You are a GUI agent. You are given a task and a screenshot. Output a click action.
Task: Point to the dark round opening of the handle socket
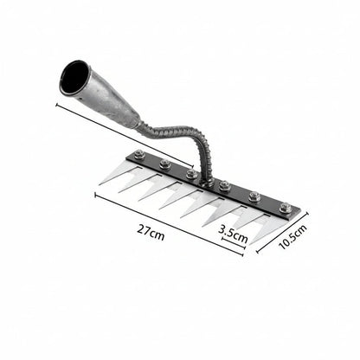74,77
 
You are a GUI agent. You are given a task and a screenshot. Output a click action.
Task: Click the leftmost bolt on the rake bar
139,155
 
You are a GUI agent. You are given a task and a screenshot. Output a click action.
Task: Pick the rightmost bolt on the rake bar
285,208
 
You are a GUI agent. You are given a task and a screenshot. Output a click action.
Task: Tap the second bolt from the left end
164,164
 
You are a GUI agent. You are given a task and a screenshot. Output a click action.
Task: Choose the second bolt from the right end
254,196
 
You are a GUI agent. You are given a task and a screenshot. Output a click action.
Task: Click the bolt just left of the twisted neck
191,173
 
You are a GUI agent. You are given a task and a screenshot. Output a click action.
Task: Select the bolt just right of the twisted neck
224,185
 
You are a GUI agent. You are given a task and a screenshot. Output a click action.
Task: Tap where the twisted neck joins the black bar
206,179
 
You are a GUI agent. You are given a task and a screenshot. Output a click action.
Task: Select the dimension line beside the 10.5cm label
282,232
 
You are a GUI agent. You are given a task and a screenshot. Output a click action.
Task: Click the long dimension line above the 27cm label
169,223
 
